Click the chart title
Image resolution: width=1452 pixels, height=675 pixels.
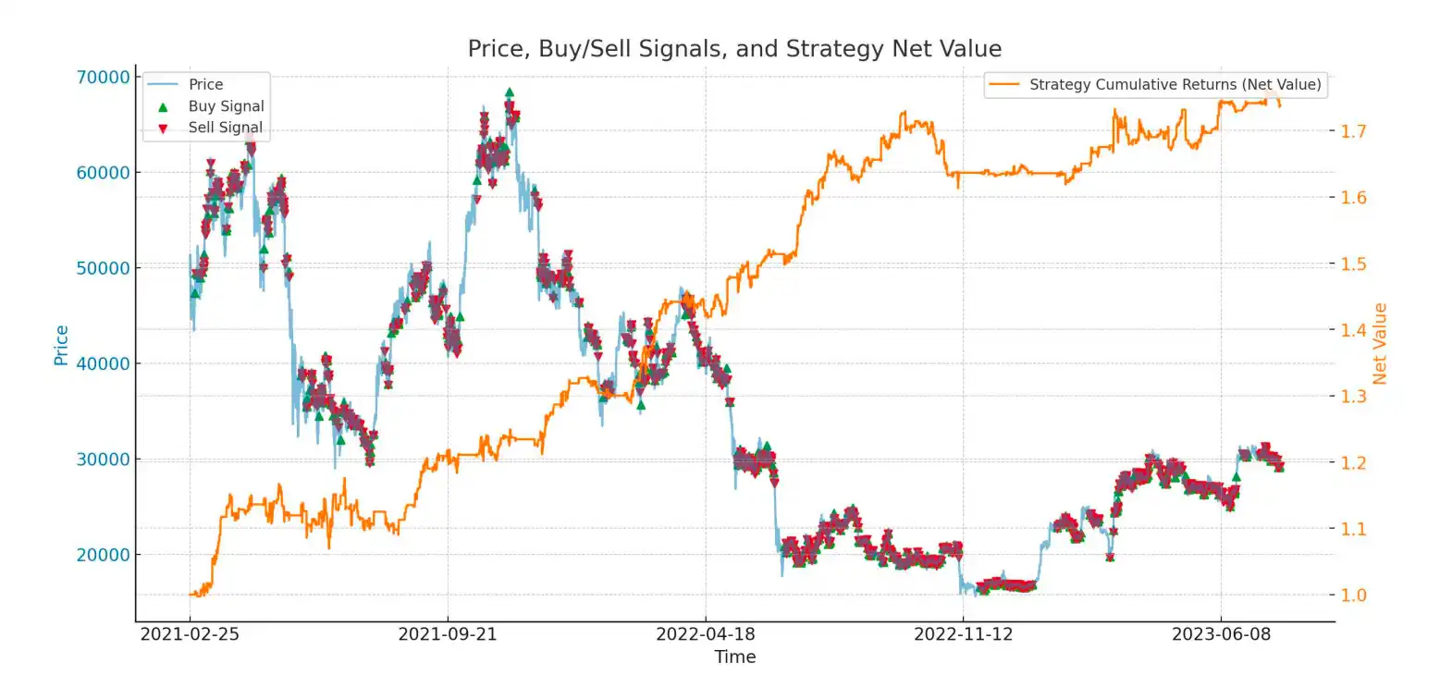tap(734, 48)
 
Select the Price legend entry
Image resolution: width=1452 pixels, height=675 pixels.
tap(205, 84)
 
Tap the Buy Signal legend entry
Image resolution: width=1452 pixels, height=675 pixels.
tap(226, 106)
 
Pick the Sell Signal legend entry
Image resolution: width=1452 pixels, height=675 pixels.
tap(225, 128)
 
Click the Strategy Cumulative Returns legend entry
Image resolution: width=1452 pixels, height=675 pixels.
tap(1175, 84)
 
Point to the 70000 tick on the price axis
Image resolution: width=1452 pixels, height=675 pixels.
tap(103, 77)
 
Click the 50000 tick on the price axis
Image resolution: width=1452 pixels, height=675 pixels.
tap(103, 268)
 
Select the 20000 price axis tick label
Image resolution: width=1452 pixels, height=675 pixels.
tap(103, 555)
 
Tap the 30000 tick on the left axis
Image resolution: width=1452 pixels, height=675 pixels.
tap(103, 460)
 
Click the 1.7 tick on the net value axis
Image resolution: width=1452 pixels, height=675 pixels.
tap(1353, 131)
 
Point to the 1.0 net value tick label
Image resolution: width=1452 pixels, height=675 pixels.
tap(1353, 595)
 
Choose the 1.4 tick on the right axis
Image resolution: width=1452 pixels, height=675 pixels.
tap(1353, 330)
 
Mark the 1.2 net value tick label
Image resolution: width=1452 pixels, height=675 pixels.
tap(1353, 463)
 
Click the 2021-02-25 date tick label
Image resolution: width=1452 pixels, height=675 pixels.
tap(190, 634)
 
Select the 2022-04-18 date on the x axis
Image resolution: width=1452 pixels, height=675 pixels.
tap(706, 634)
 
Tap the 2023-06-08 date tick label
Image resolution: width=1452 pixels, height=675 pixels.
tap(1221, 634)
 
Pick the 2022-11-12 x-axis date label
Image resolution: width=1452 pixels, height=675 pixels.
tap(963, 634)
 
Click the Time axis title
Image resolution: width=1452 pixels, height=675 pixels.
tap(735, 657)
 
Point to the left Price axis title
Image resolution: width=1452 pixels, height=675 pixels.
tap(61, 345)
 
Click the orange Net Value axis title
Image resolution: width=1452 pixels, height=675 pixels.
tap(1380, 344)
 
